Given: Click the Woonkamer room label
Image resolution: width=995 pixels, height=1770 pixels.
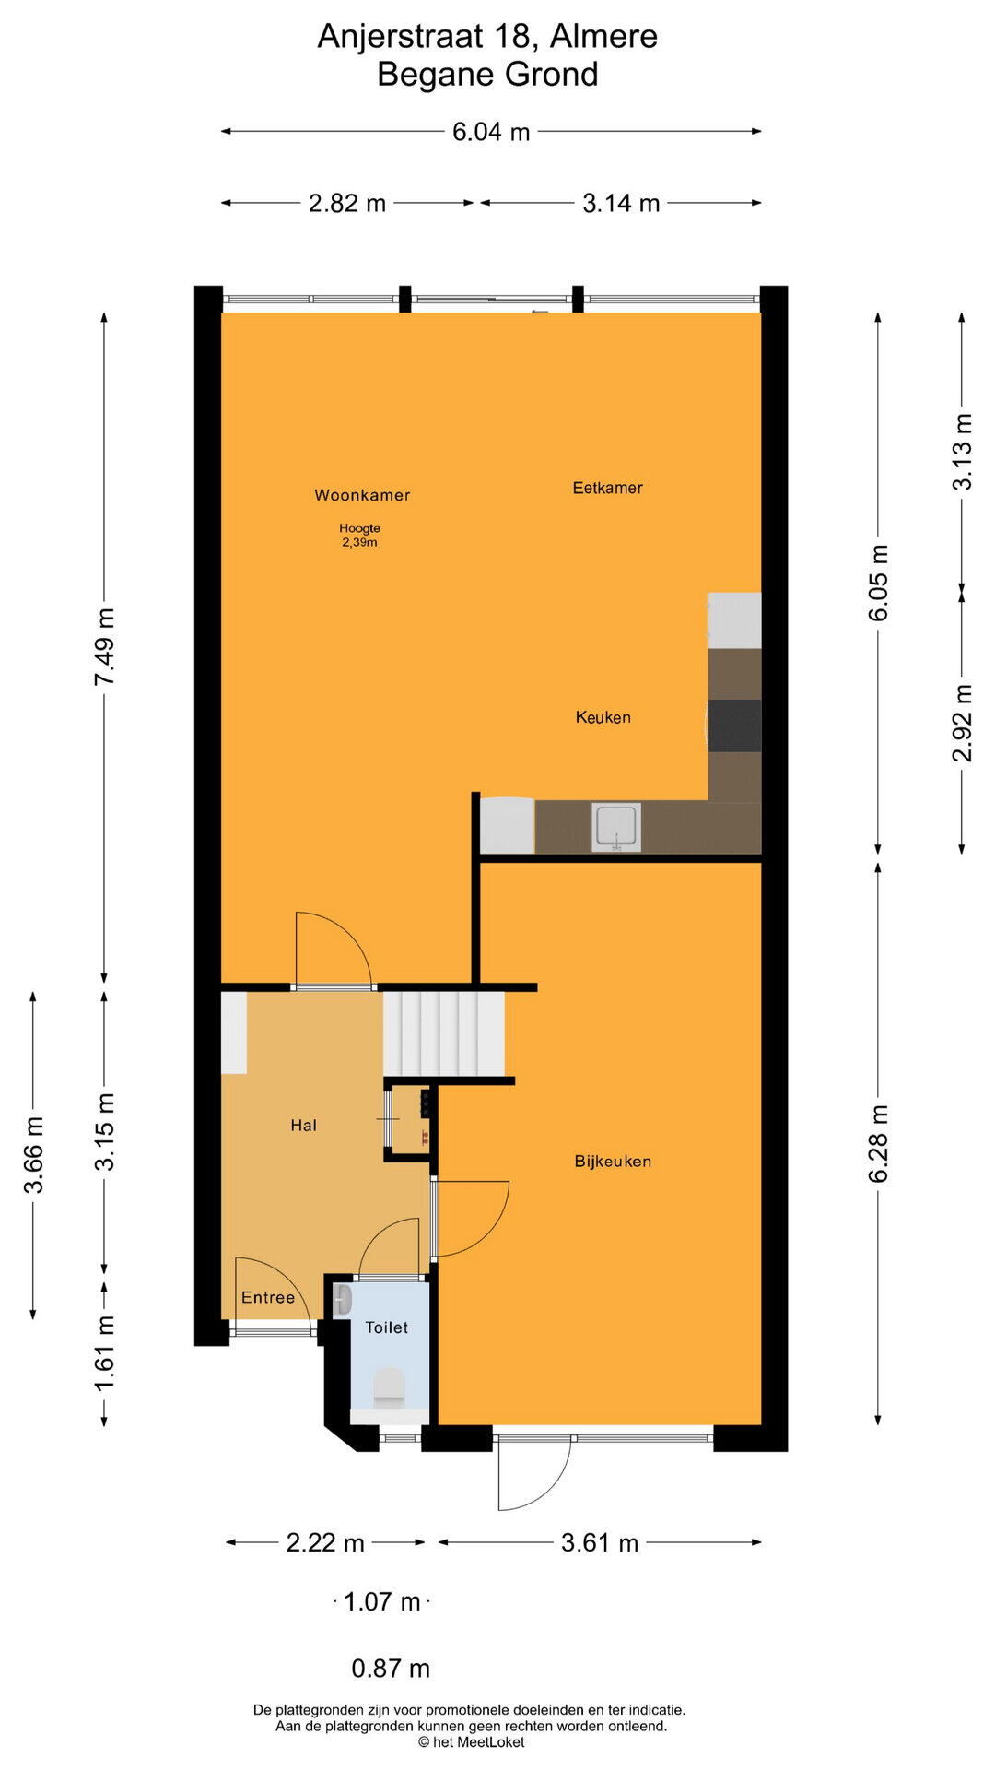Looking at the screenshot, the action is tap(362, 495).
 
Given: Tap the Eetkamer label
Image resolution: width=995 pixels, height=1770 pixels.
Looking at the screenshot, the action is tap(607, 488).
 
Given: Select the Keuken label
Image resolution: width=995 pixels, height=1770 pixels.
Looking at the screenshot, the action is tap(603, 717).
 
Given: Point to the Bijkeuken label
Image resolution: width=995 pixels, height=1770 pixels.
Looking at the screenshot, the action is tap(613, 1162).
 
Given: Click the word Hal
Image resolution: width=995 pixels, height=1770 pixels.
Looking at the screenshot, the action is tap(303, 1125).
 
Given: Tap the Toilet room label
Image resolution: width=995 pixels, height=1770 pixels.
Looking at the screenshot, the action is tap(386, 1327).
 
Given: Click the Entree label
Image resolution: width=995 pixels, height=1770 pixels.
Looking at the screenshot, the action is tap(268, 1297).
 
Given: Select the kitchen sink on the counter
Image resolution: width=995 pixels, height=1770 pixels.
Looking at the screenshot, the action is tap(615, 827).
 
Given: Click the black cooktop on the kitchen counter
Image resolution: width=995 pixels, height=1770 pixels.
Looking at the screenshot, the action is tap(734, 726).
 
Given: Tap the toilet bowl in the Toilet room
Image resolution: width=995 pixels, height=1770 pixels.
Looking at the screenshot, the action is tap(390, 1387).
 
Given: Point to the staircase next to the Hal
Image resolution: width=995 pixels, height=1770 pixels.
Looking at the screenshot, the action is tap(444, 1033).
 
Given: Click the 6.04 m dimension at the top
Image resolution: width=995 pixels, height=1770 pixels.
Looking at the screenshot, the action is tap(491, 132).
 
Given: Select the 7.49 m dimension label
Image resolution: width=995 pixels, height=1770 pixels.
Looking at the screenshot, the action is tap(103, 647).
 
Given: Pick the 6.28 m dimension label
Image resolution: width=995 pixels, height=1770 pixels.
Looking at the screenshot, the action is tap(878, 1144).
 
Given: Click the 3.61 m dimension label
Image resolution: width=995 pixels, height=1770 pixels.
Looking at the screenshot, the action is tap(600, 1542).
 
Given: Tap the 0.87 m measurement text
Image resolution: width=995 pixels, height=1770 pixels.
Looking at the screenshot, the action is tap(391, 1668).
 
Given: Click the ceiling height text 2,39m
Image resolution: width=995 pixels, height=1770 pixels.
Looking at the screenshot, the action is tap(359, 542).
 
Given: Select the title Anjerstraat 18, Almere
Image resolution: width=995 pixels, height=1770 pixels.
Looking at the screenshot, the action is tap(487, 36).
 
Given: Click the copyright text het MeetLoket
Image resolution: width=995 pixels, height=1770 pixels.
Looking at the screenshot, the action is tap(471, 1741).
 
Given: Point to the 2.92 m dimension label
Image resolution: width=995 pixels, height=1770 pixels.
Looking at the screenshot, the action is tap(962, 723).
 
